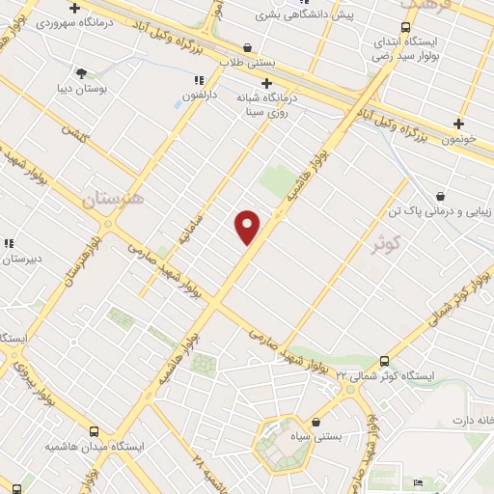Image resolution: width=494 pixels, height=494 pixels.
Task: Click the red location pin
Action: coord(248,226)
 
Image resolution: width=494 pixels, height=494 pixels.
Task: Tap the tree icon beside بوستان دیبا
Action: coord(81,73)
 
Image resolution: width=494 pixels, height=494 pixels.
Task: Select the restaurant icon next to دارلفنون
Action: coord(198,81)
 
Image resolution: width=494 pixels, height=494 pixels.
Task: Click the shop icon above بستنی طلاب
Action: coord(248,46)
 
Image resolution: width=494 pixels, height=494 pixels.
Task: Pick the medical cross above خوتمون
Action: coord(459,123)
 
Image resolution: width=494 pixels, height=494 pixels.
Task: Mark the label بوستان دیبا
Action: coord(79,89)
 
